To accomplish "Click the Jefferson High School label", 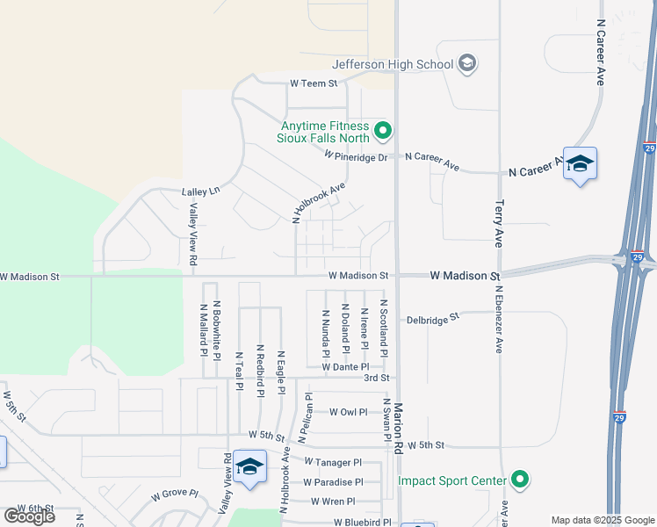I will (393, 63).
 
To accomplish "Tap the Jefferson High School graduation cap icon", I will (467, 63).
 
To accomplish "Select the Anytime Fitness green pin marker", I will (382, 132).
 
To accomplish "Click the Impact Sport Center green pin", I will (521, 480).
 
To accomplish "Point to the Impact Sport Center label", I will (452, 480).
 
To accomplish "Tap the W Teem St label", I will (314, 83).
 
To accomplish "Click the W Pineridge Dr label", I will (356, 156).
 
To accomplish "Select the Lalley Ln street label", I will (200, 191).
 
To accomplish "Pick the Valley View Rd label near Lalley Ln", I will (193, 235).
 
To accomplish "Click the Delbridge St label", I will (433, 318).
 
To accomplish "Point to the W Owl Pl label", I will (348, 411).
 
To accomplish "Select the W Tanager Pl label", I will (333, 462).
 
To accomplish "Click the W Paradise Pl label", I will (333, 482).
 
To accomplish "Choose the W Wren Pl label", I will (333, 502).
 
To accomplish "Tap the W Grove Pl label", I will (175, 495).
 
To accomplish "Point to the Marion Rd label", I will (398, 429).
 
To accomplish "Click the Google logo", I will (29, 516).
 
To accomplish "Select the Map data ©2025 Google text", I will (602, 520).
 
